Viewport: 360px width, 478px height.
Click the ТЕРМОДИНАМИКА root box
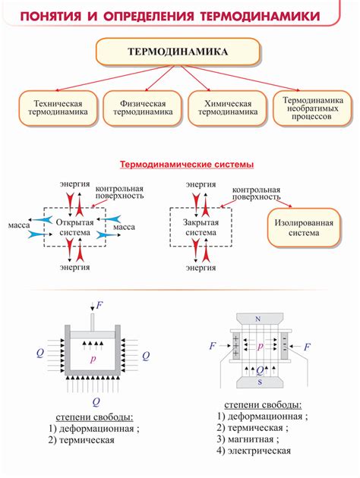tap(178, 52)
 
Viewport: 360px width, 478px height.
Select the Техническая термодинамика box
tap(58, 108)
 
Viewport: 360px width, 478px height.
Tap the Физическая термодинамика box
tap(143, 108)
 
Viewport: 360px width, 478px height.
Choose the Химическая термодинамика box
tap(228, 108)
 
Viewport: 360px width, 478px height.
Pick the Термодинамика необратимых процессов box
tap(312, 108)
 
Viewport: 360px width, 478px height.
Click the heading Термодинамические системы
tap(187, 165)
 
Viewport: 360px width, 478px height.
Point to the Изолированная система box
tap(304, 228)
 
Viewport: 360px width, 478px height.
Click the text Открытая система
tap(74, 228)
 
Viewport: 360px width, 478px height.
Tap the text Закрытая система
tap(201, 228)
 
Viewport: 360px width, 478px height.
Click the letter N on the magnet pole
tap(258, 319)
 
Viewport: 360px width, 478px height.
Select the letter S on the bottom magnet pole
tap(260, 382)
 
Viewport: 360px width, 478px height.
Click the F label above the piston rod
tap(99, 305)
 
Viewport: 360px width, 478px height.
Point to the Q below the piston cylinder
tap(96, 402)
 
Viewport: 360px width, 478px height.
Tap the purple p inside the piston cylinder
tap(93, 359)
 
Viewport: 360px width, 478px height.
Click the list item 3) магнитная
tap(248, 439)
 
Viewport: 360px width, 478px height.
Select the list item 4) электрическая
tap(254, 451)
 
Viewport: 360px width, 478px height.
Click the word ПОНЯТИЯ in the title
tap(51, 16)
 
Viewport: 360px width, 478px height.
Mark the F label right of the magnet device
tap(308, 347)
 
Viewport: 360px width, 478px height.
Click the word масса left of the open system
tap(19, 225)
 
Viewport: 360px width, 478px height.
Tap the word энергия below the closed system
tap(201, 268)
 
